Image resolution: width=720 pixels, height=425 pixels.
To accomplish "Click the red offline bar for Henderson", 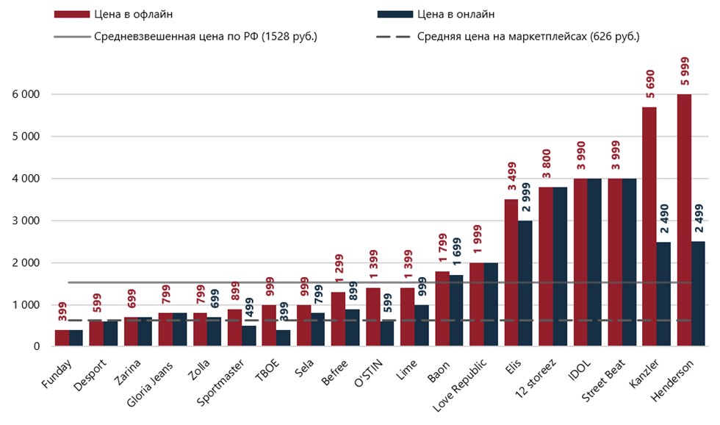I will [x=684, y=221].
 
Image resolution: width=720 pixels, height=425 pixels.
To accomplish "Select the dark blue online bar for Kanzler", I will [x=663, y=294].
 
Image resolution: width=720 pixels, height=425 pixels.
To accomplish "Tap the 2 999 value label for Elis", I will [x=525, y=196].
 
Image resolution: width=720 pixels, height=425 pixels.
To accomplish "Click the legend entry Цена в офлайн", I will [x=133, y=14].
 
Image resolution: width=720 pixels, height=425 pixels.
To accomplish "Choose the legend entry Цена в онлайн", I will [x=456, y=14].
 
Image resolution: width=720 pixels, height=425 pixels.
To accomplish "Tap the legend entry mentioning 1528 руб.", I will [x=206, y=36].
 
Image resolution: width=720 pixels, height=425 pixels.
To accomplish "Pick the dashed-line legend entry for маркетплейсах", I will [x=528, y=36].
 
